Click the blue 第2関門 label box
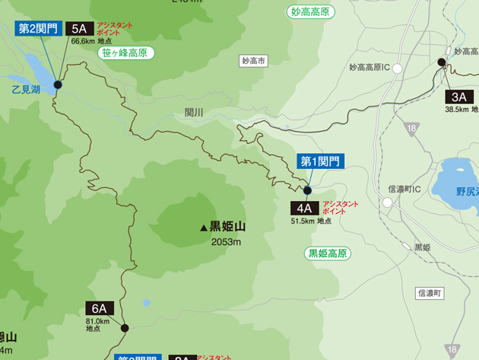[38, 29]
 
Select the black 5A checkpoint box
[79, 29]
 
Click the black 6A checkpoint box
[99, 308]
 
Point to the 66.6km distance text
[81, 41]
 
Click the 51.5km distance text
[302, 221]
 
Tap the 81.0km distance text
[97, 321]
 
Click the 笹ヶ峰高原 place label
[126, 53]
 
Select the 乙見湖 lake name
[26, 90]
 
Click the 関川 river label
[194, 113]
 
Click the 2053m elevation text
[226, 242]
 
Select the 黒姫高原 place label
[328, 253]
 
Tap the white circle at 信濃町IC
[387, 202]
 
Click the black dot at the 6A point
[125, 329]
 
